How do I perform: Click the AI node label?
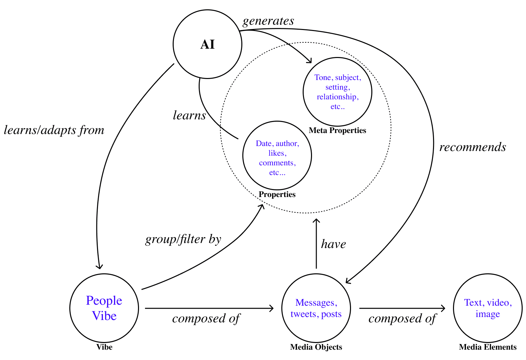coord(207,44)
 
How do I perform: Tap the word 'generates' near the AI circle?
coord(268,21)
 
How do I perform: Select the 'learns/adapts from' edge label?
coord(54,130)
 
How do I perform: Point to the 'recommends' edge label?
coord(473,147)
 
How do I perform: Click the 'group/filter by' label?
coord(183,239)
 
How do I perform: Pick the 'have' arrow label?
coord(333,244)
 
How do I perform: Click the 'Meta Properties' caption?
coord(337,130)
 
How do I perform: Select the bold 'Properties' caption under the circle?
coord(277,194)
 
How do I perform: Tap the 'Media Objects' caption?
coord(316,347)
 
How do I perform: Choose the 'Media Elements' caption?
coord(488,347)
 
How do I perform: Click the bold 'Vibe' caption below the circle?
coord(104,347)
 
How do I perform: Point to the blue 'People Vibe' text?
coord(104,308)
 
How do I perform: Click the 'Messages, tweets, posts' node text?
coord(316,308)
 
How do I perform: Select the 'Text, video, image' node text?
coord(488,308)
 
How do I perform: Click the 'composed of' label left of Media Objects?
coord(206,319)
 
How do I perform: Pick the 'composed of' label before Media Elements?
coord(402,319)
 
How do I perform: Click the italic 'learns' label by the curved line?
coord(189,115)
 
